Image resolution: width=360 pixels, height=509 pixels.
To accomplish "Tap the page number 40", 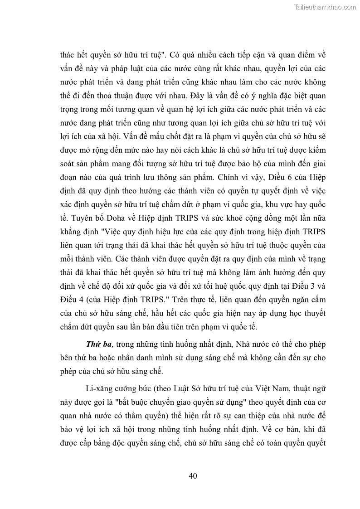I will (x=192, y=475).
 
